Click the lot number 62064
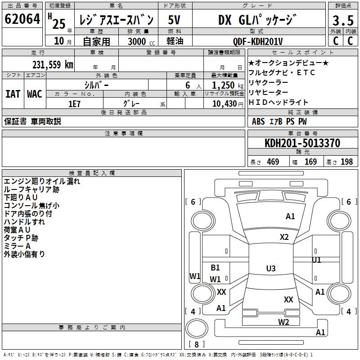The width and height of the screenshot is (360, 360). [22, 19]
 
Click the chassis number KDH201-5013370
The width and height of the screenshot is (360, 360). [302, 144]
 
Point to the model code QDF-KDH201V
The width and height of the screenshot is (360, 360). [258, 41]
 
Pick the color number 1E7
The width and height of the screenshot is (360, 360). [75, 104]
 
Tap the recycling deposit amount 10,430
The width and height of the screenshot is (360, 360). [224, 104]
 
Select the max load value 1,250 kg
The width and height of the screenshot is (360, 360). [224, 85]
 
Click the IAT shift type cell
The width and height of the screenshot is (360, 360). [13, 94]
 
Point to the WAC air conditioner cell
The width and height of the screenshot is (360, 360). [35, 94]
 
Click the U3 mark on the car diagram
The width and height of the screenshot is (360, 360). [270, 269]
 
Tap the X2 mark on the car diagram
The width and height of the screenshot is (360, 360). [284, 237]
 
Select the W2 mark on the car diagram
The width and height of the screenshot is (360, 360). [283, 322]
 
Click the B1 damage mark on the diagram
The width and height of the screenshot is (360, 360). [216, 268]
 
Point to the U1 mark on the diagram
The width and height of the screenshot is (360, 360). [317, 260]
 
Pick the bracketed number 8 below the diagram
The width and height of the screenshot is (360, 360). [197, 345]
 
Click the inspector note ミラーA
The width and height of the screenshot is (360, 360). [17, 246]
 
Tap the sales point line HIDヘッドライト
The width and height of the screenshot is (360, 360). [279, 102]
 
